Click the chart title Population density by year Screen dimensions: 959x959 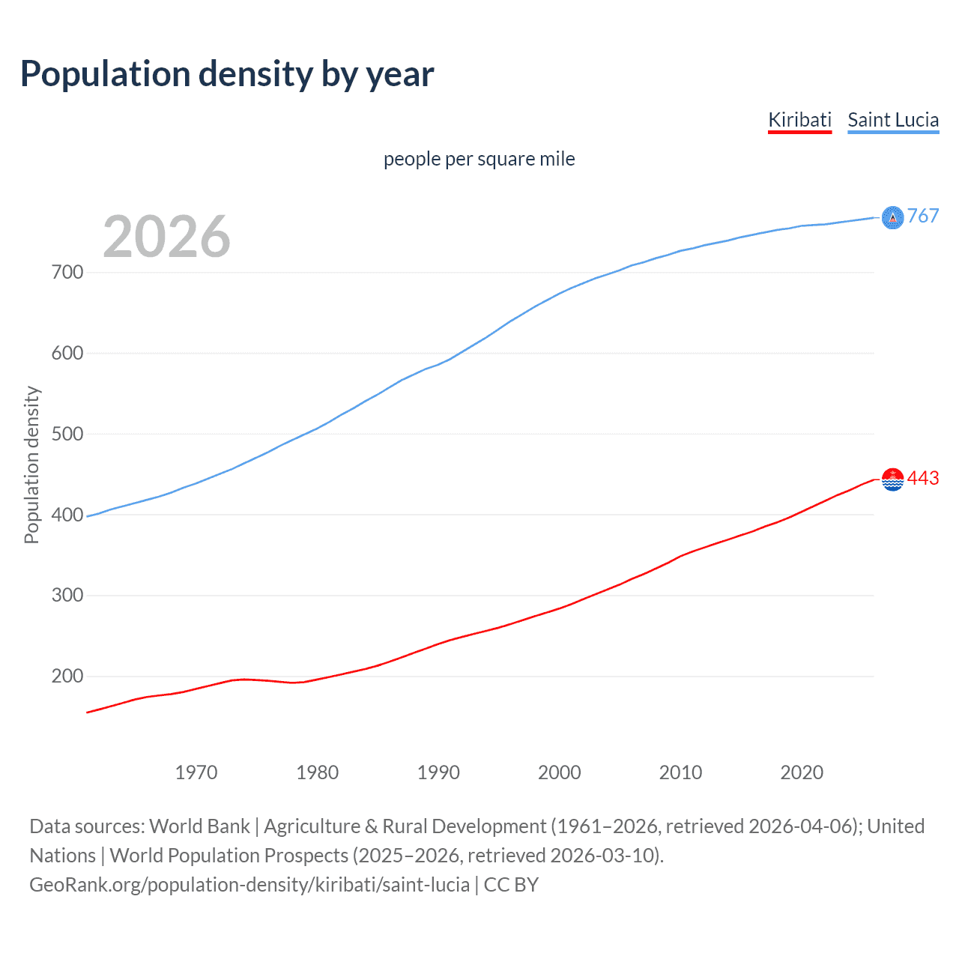click(227, 74)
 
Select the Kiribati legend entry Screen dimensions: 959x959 click(799, 120)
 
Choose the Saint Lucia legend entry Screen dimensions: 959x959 click(893, 120)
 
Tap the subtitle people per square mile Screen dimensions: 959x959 click(479, 159)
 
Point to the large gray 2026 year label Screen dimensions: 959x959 click(166, 237)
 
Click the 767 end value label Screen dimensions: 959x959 click(923, 217)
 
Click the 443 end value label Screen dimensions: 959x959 click(923, 479)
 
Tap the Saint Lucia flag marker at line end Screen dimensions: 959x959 click(892, 217)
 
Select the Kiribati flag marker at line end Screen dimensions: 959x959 click(892, 479)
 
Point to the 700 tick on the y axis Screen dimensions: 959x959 click(67, 272)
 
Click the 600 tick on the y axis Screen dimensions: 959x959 click(67, 353)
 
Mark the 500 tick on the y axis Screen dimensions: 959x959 click(67, 434)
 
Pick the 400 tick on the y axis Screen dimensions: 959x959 click(67, 515)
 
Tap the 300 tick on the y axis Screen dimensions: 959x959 click(67, 596)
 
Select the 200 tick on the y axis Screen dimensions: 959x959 click(67, 677)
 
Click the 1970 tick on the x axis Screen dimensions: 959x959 click(196, 772)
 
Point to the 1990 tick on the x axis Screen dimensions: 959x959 click(438, 772)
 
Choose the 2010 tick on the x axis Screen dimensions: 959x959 click(680, 772)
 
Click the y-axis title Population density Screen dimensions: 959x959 click(31, 465)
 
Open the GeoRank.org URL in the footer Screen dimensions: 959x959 click(249, 885)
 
